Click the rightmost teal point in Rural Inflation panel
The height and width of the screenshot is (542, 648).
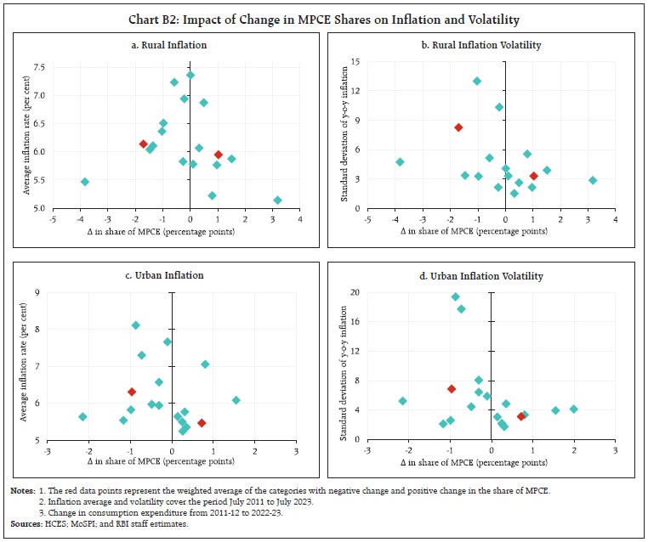point(277,200)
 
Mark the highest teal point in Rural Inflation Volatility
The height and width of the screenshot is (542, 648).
point(477,82)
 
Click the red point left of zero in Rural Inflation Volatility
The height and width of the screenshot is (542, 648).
point(458,127)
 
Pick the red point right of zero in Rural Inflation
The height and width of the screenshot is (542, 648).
point(219,155)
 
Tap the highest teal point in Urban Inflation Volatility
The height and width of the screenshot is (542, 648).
point(455,297)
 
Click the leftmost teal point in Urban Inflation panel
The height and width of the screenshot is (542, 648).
point(83,416)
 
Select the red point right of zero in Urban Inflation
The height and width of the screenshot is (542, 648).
point(202,423)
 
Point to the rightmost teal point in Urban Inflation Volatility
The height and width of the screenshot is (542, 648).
point(573,409)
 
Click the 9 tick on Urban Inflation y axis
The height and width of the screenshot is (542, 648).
point(39,292)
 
